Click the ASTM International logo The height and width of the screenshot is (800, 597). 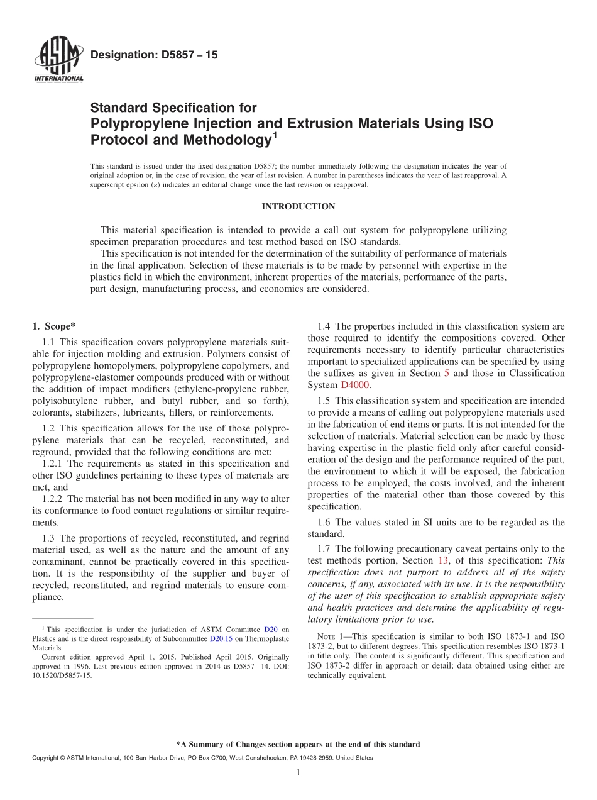(58, 61)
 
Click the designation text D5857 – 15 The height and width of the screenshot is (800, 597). (154, 55)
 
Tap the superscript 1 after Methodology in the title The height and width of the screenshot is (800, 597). (273, 134)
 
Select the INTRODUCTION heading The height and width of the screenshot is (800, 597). (298, 206)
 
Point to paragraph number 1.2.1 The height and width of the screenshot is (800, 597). (53, 464)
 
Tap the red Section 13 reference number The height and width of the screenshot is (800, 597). (444, 560)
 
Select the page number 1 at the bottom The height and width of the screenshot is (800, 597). (298, 773)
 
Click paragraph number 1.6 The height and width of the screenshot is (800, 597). (324, 522)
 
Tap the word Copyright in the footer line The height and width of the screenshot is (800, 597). (45, 758)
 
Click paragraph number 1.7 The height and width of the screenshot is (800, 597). (324, 548)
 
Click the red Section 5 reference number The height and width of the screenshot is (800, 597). (446, 373)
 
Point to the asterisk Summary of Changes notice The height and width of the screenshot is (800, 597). (298, 744)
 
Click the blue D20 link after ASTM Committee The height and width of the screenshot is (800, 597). (270, 629)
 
